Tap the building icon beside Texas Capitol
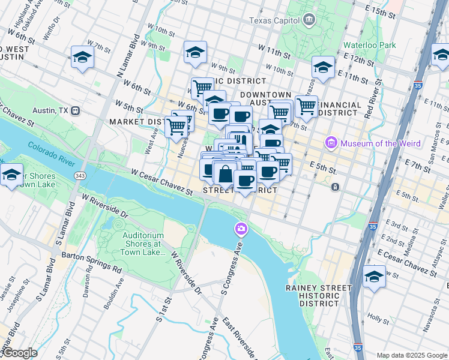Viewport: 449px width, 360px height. point(309,19)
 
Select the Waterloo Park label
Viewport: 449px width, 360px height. point(370,45)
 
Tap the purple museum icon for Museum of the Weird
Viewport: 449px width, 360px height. point(330,143)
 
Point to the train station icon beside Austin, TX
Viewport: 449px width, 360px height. point(76,111)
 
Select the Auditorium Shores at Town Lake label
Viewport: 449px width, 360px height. point(143,244)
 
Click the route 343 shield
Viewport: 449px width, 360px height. point(80,175)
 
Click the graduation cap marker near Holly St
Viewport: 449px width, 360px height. point(374,277)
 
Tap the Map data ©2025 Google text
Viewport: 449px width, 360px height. point(411,355)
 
